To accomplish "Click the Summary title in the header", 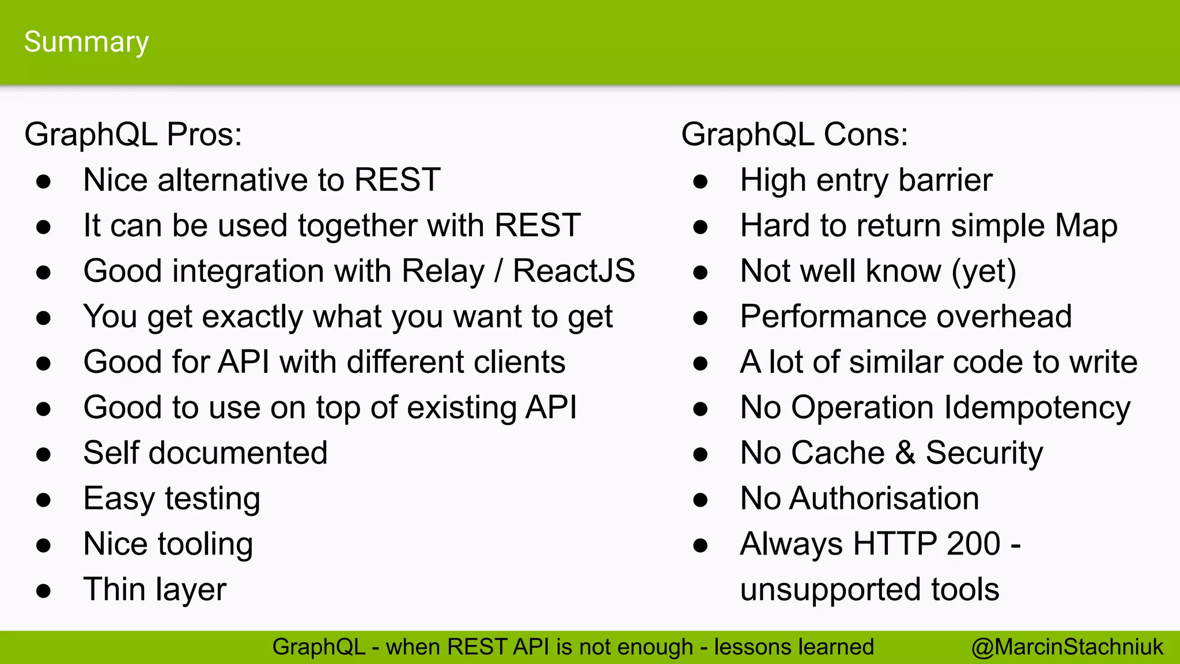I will pyautogui.click(x=86, y=42).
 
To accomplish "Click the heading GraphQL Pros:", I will pyautogui.click(x=133, y=134).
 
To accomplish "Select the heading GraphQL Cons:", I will pyautogui.click(x=794, y=134).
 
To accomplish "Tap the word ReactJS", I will pyautogui.click(x=574, y=271).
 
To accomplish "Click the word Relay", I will pyautogui.click(x=443, y=271).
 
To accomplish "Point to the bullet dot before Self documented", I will pyautogui.click(x=43, y=454).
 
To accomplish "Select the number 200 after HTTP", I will pyautogui.click(x=973, y=544).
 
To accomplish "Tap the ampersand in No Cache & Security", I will pyautogui.click(x=905, y=453).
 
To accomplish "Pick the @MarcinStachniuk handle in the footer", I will pyautogui.click(x=1067, y=647).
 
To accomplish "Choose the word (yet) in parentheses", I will pyautogui.click(x=984, y=271).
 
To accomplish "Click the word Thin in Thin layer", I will pyautogui.click(x=114, y=589).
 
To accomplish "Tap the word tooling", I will pyautogui.click(x=205, y=545).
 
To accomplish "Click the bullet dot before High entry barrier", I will pyautogui.click(x=700, y=182).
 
